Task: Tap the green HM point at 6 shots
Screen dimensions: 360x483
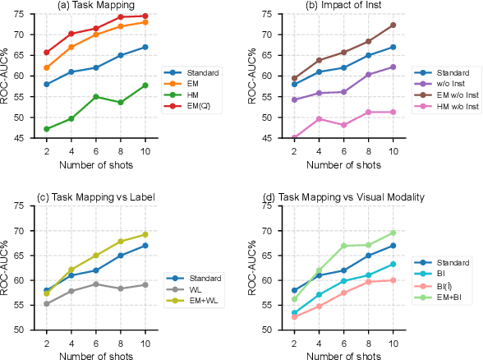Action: click(x=95, y=97)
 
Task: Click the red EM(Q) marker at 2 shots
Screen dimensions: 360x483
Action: click(x=46, y=52)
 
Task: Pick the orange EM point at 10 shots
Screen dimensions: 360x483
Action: click(x=145, y=22)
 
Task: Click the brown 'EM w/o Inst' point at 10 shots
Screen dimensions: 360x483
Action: click(x=393, y=25)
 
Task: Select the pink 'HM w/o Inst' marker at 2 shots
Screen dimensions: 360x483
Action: click(x=294, y=138)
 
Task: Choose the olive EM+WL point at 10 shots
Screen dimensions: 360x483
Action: click(x=145, y=234)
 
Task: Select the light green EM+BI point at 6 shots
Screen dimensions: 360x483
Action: click(x=343, y=246)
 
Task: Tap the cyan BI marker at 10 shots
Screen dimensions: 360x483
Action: click(x=393, y=264)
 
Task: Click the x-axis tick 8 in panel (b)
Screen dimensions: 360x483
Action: click(x=369, y=147)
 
